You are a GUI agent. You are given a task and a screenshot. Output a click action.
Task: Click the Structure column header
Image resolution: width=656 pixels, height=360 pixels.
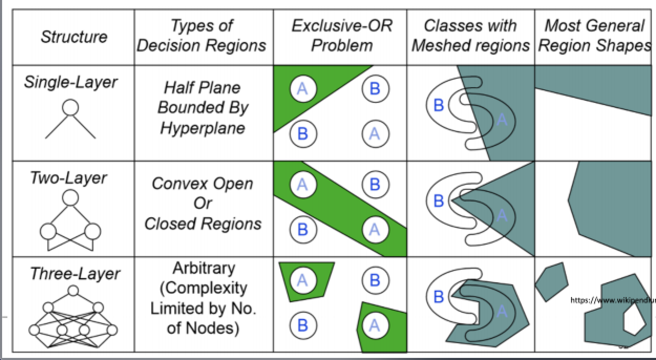(x=73, y=37)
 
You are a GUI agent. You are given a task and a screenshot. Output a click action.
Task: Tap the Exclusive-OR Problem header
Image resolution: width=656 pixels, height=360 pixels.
(x=342, y=36)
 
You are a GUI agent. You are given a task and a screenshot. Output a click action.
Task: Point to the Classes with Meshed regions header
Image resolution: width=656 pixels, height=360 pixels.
(x=470, y=36)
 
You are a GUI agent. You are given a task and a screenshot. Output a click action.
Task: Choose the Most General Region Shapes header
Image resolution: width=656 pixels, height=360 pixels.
(x=595, y=36)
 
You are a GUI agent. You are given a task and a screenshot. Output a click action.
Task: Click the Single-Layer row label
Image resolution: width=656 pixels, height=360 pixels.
(x=70, y=82)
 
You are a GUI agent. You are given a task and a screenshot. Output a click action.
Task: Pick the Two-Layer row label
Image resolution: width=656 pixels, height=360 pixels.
(x=68, y=178)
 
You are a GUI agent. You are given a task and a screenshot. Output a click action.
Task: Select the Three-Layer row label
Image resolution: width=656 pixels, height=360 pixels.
(x=75, y=273)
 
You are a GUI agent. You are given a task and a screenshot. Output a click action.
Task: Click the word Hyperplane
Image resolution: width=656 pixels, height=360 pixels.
(x=203, y=128)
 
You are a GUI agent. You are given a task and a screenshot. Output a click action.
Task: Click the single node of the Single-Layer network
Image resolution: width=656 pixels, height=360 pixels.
(x=70, y=108)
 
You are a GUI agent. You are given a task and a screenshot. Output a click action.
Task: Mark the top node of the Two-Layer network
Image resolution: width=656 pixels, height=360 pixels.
(x=70, y=197)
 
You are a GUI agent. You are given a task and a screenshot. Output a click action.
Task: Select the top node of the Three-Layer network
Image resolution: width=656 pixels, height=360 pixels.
(x=73, y=290)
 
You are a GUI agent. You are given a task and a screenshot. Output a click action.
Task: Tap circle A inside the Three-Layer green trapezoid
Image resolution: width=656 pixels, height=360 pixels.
(x=302, y=280)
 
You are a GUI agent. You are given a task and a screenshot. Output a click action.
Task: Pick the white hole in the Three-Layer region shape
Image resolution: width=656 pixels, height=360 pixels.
(x=633, y=319)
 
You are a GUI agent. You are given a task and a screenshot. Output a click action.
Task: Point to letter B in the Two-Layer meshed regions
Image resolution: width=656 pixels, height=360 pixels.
(x=439, y=200)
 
